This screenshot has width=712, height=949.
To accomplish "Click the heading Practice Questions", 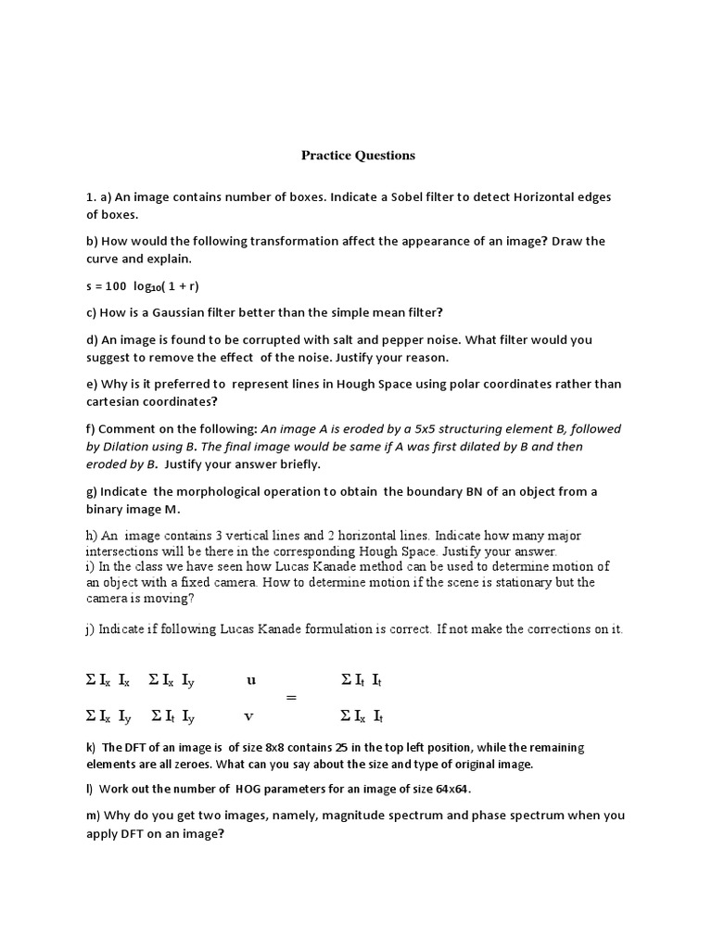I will [358, 156].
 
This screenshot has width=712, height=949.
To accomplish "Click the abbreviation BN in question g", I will [450, 491].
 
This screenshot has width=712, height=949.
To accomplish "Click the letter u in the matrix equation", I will [251, 679].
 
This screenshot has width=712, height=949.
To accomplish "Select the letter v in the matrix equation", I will [248, 715].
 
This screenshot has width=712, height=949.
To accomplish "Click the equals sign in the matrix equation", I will [292, 698].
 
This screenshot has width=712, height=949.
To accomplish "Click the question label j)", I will [90, 629].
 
